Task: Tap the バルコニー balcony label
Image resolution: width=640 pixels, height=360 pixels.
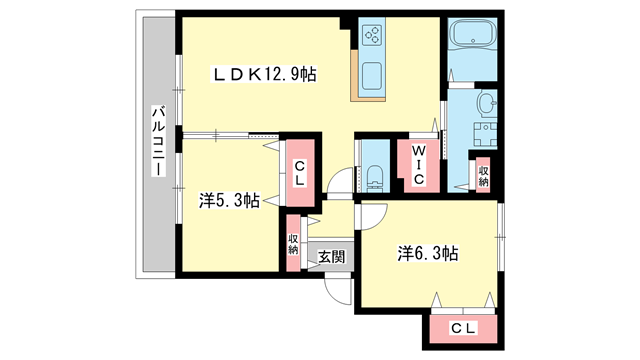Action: (158, 144)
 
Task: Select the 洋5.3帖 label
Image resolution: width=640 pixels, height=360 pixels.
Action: (229, 200)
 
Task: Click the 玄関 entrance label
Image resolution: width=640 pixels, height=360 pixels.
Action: (331, 256)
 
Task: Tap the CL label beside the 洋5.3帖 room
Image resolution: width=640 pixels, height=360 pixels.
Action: (297, 172)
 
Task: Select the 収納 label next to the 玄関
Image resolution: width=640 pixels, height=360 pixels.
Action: (294, 243)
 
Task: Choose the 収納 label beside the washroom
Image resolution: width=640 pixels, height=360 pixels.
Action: (483, 175)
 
